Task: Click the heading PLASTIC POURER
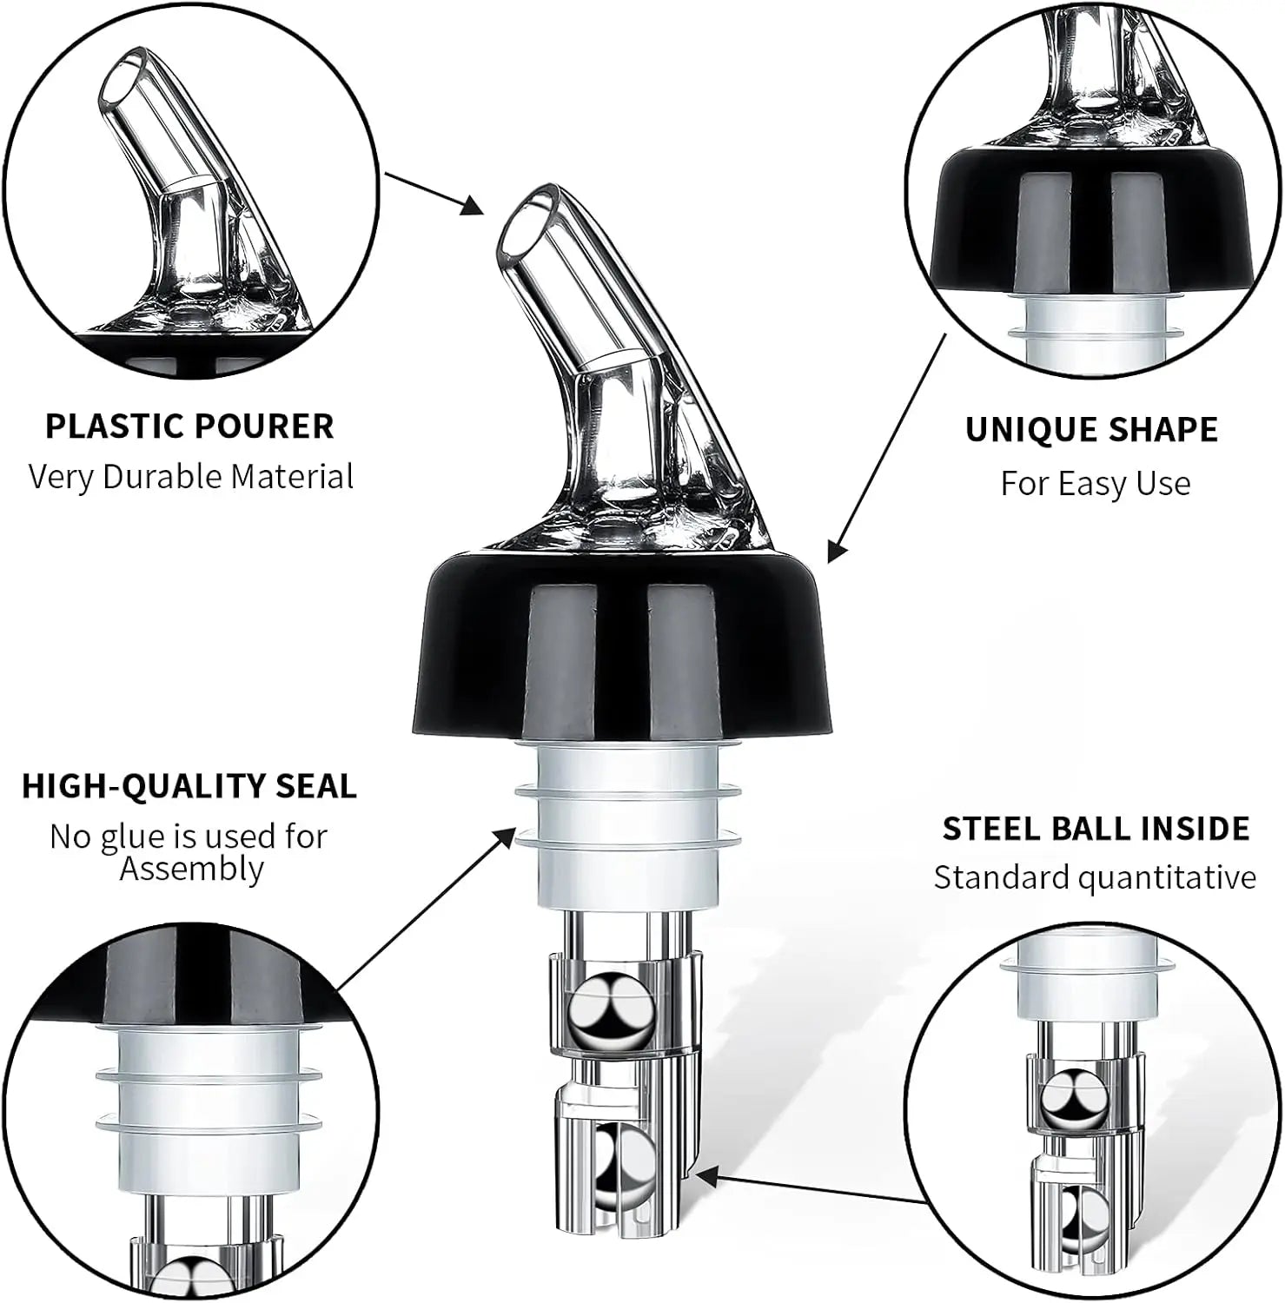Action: pyautogui.click(x=189, y=427)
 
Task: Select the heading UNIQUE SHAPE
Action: pyautogui.click(x=1091, y=430)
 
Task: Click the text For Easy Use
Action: pyautogui.click(x=1095, y=483)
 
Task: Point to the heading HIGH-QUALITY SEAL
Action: pyautogui.click(x=189, y=786)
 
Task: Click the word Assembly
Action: pyautogui.click(x=191, y=869)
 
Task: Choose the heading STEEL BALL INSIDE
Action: pyautogui.click(x=1096, y=829)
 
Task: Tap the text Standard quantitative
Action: pyautogui.click(x=1095, y=877)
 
